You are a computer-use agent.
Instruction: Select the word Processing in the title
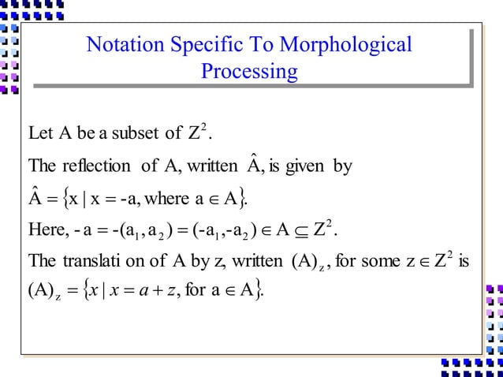(249, 73)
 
